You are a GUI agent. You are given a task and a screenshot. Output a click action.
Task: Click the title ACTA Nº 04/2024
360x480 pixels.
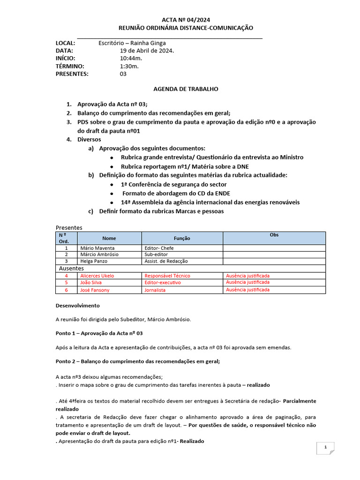point(186,20)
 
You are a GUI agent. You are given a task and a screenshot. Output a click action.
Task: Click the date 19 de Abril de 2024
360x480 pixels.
point(147,51)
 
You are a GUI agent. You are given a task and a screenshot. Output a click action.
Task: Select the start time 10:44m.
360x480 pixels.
point(131,58)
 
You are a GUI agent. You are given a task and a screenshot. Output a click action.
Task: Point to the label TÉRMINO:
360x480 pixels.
point(70,66)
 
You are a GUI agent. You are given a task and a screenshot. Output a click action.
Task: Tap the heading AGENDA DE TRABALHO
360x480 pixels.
point(186,89)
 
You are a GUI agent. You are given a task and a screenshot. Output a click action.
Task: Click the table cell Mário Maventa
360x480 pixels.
point(97,248)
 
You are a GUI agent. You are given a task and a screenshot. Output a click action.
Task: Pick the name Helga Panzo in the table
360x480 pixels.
point(95,261)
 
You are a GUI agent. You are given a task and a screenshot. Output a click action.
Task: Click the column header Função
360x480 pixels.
point(182,238)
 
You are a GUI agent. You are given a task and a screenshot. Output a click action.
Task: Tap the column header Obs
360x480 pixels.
point(274,235)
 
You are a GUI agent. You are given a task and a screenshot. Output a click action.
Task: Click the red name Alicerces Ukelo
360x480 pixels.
point(97,276)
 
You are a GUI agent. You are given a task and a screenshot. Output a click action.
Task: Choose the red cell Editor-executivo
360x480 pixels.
point(163,283)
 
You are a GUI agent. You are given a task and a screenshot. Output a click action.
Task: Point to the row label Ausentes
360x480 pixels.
point(71,268)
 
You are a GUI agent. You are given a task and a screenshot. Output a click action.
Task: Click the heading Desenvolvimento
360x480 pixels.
point(78,306)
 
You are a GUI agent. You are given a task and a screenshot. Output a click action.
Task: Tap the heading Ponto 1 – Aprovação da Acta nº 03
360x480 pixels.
point(99,333)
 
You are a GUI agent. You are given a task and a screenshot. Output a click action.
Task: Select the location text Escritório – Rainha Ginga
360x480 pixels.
point(132,43)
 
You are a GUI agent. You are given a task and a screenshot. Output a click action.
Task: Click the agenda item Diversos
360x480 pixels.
point(89,140)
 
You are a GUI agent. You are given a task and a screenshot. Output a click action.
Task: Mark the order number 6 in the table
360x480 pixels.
point(66,290)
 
